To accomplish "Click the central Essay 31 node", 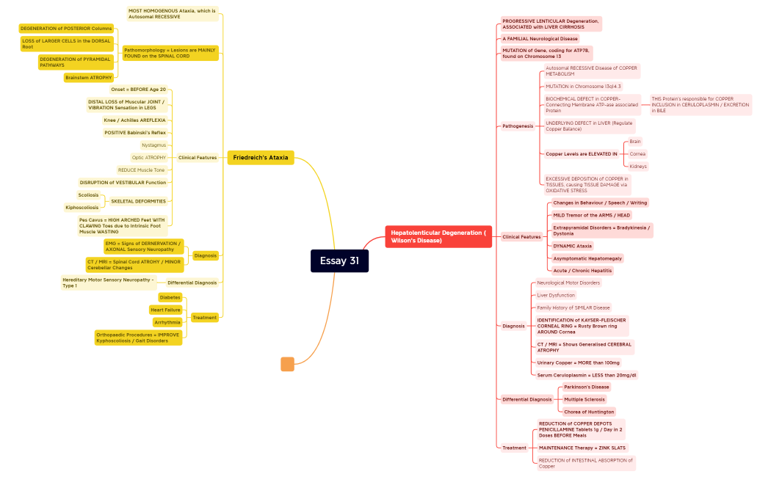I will [339, 261].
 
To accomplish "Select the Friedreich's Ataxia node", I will [261, 158].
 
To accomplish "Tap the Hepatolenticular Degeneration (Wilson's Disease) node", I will [438, 236].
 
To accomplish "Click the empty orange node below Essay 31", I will [287, 364].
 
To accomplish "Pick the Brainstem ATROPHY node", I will [89, 77].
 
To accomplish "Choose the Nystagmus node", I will [153, 145].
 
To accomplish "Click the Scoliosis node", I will [88, 195].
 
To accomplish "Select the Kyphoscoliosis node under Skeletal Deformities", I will [82, 208].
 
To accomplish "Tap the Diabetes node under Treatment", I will [170, 297].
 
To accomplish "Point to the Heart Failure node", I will [165, 310].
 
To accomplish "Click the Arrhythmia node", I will [167, 322].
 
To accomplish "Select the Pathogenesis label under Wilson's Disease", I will [518, 126].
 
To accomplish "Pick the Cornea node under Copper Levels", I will [637, 154].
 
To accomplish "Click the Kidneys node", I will [638, 167].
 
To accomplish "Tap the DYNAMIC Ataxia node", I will [573, 246].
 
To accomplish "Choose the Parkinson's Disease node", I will [586, 387].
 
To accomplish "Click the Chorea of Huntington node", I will [589, 412].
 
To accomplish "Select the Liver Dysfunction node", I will [556, 295].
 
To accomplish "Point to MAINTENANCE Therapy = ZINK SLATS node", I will [582, 448].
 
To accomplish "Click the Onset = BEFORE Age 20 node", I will [138, 90].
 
